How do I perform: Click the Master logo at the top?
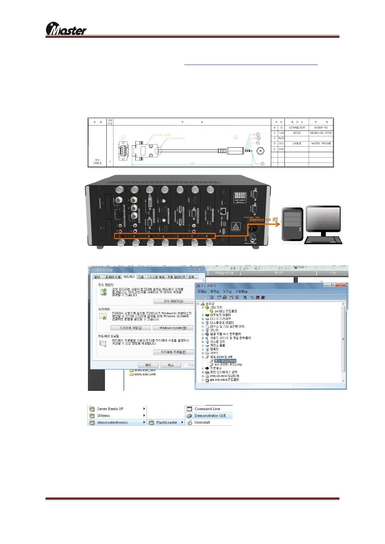pos(66,29)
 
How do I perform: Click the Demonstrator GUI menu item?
pos(210,416)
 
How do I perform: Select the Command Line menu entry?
pos(207,409)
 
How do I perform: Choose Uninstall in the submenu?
pos(202,423)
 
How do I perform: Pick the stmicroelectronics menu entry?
pos(112,423)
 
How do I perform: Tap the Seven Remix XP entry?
pos(110,409)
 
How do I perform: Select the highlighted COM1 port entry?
pos(225,361)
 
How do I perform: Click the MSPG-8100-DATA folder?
pos(145,375)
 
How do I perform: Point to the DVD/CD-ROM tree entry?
pos(224,376)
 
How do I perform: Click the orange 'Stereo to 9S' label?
pos(263,220)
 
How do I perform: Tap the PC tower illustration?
pos(292,224)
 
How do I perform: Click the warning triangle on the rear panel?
pos(236,226)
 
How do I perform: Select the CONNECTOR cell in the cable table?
pos(297,128)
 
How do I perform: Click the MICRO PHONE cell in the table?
pos(321,143)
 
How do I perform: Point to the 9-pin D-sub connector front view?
pos(123,151)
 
